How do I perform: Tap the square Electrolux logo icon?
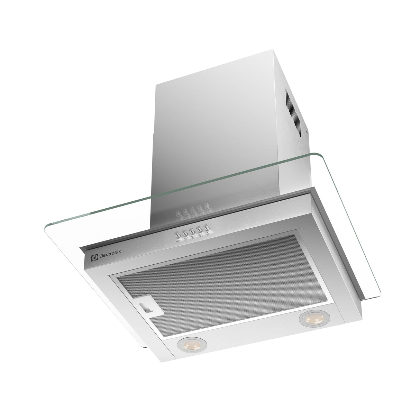[93, 258]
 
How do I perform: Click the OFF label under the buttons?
[178, 241]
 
